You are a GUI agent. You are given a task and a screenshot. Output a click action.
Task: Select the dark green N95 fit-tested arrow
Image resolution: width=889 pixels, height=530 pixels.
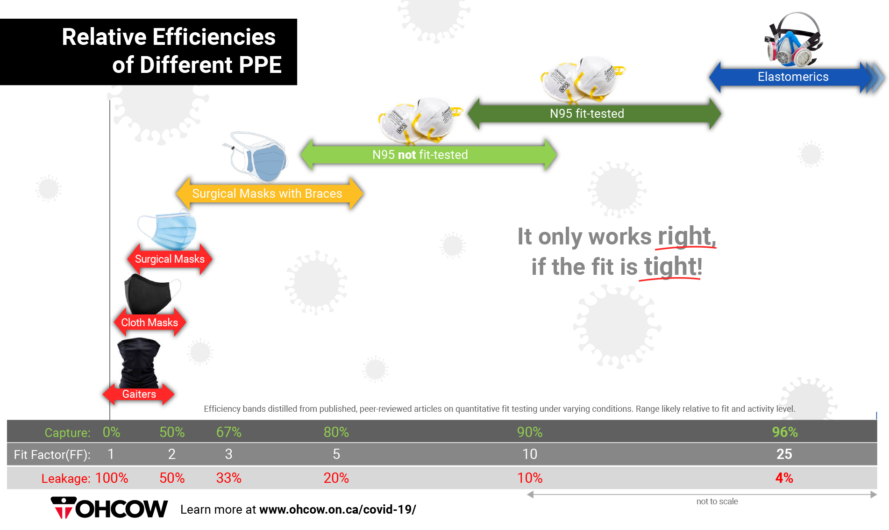(594, 114)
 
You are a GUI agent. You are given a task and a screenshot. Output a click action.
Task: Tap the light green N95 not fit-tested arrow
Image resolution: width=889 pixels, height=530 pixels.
(428, 154)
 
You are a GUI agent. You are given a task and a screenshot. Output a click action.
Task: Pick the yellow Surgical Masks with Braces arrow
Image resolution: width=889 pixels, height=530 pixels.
(270, 193)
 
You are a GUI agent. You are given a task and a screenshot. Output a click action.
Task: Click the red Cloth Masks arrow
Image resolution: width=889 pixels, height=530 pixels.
(150, 322)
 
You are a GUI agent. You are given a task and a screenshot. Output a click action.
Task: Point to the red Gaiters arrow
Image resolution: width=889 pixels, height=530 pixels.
(139, 394)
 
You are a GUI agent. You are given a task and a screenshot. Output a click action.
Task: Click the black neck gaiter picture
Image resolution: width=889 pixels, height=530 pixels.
(139, 362)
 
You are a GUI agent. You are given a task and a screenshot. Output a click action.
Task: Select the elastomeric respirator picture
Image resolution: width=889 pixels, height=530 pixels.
(793, 40)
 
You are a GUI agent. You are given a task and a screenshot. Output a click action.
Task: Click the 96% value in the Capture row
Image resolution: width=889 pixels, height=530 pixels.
(785, 432)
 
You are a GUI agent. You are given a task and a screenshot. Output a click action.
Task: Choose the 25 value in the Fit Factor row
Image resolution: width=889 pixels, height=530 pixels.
(784, 454)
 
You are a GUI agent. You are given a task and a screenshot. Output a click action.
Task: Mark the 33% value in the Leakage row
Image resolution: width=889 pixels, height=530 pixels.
(229, 478)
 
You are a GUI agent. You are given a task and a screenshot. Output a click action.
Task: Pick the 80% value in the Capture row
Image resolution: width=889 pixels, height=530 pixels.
(336, 432)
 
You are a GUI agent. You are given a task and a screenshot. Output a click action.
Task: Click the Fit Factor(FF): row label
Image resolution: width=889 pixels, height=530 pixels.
(52, 455)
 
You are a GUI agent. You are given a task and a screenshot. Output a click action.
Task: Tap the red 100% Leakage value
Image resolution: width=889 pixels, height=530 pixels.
(112, 478)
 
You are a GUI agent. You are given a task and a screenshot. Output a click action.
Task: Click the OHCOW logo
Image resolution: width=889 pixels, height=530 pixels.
(109, 508)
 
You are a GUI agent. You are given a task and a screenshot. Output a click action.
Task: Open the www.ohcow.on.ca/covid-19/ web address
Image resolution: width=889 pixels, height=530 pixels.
(338, 509)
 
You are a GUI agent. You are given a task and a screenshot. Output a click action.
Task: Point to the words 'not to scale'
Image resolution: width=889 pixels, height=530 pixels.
(717, 501)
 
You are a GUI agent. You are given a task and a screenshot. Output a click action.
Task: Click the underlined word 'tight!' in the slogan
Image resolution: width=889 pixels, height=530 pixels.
(673, 267)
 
